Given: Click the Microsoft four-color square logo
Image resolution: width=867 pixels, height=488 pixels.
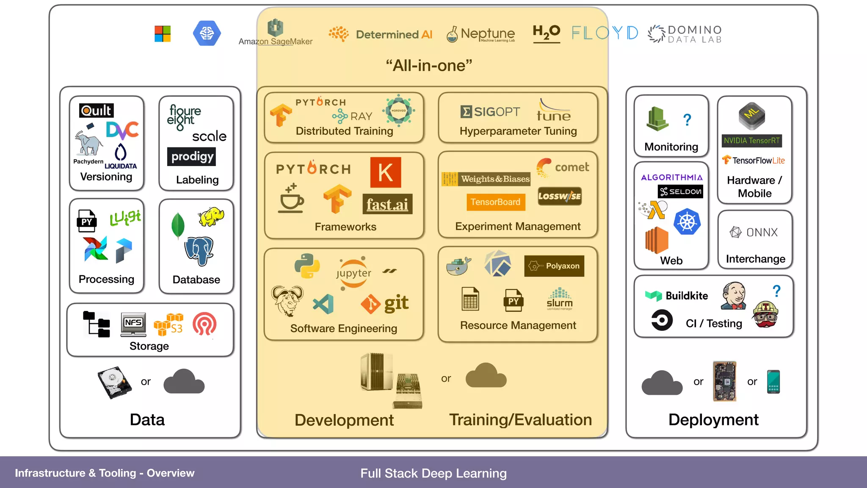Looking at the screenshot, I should [163, 34].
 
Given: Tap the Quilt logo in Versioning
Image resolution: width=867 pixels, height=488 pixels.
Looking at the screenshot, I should [97, 111].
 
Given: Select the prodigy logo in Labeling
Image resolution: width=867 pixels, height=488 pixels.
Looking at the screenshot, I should [192, 157].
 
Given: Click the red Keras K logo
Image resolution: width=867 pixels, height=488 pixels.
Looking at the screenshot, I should [385, 172].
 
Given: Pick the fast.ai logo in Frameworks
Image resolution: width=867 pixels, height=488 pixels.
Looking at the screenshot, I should [387, 205].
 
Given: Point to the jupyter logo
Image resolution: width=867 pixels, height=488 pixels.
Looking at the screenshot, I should [353, 273].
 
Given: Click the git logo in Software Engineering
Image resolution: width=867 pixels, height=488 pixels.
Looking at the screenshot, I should [385, 303].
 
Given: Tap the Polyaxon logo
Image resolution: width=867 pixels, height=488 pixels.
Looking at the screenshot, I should [554, 266].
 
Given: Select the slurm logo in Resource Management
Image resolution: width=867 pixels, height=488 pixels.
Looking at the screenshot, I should [559, 299].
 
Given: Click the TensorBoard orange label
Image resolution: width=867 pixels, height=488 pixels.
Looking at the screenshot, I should [495, 202].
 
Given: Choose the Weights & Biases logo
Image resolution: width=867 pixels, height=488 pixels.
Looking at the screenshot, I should [486, 179].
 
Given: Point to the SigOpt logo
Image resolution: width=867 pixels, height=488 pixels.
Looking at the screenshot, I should [490, 112].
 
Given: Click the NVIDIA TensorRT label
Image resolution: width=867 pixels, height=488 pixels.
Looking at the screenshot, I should [751, 141].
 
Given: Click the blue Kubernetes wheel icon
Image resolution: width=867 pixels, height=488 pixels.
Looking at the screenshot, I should [687, 222].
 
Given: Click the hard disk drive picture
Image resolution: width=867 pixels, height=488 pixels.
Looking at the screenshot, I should [114, 382].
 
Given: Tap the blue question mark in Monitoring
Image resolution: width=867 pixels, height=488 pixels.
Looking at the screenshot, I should [687, 120].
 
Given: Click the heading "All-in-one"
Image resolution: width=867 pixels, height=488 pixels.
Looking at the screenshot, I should [429, 66].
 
